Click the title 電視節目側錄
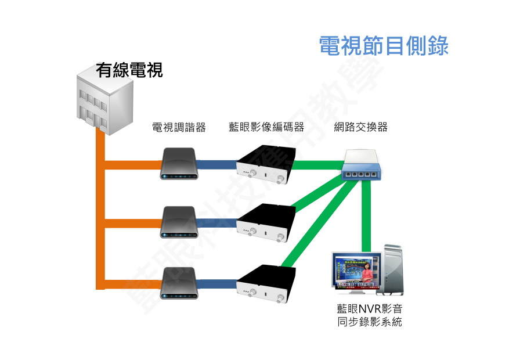384,45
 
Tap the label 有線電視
129,70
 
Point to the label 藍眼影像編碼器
266,127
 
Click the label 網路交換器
360,127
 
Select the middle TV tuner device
179,222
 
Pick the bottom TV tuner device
179,282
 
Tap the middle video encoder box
266,224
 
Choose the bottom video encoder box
266,284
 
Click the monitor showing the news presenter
356,271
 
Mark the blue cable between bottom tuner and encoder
218,284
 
